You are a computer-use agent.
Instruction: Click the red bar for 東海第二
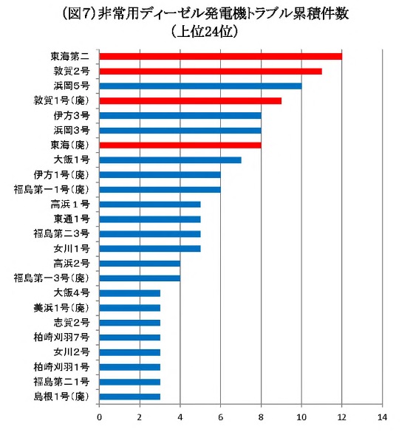pos(221,56)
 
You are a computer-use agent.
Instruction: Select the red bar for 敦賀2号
pos(211,72)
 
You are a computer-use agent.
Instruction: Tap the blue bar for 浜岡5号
pos(200,86)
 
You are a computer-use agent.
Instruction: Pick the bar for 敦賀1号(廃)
pos(190,101)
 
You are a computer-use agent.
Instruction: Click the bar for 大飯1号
pos(170,160)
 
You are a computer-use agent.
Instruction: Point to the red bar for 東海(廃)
pos(180,145)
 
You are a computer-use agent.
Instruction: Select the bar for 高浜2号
pos(140,264)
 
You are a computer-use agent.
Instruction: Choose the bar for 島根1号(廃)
pos(129,397)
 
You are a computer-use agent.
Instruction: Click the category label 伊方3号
pos(72,116)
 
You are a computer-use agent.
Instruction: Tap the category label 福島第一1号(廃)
pos(52,190)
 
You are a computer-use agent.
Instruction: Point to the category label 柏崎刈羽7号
pos(61,337)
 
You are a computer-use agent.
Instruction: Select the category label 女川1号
pos(72,249)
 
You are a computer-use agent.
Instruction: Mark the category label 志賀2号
pos(72,323)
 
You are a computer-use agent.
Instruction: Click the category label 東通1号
pos(72,219)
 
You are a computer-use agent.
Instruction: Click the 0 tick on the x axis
pos(99,417)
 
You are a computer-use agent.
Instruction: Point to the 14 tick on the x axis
pos(383,417)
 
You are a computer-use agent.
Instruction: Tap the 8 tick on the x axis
pos(261,417)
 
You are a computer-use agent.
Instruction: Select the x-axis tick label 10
pos(301,417)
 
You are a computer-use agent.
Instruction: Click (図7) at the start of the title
pos(79,14)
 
